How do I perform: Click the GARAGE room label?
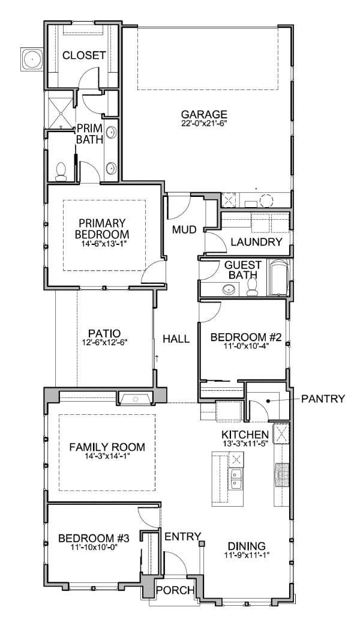[204, 115]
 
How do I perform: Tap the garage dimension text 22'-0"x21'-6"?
[204, 123]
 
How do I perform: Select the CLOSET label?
[84, 55]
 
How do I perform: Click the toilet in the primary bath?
[61, 172]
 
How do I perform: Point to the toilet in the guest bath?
[252, 287]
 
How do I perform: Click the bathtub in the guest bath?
[279, 277]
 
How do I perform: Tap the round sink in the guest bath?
[229, 289]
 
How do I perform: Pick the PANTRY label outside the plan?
[323, 399]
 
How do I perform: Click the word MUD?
[184, 230]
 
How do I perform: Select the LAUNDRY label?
[256, 242]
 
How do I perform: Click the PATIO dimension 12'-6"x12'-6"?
[104, 342]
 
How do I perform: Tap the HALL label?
[176, 339]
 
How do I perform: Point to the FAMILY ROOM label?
[107, 447]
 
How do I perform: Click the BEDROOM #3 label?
[94, 538]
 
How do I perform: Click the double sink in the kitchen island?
[236, 479]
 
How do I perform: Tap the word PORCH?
[175, 590]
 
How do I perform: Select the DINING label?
[247, 546]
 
